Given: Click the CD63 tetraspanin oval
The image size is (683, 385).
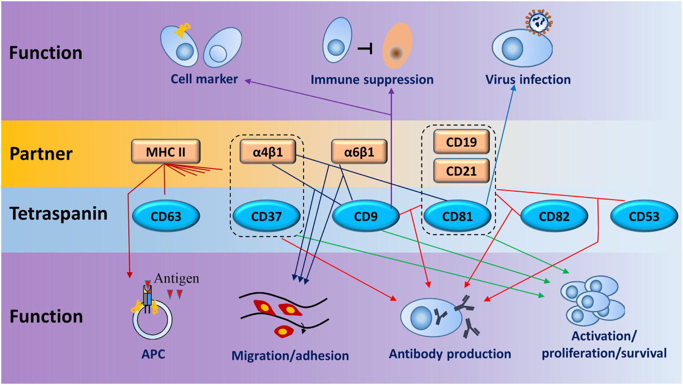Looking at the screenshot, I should click(x=166, y=216).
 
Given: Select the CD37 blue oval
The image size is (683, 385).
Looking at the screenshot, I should click(x=266, y=216).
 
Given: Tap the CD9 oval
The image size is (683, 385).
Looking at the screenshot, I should click(x=366, y=216).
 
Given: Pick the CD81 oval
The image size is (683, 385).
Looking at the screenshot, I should click(x=457, y=216).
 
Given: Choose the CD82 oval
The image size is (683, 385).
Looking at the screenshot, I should click(x=554, y=216).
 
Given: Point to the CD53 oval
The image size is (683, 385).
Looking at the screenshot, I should click(x=644, y=216).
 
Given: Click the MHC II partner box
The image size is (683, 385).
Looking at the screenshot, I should click(x=166, y=152).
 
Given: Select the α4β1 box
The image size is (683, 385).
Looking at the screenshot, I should click(x=268, y=152).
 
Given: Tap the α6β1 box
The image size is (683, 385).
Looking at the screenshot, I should click(x=359, y=152).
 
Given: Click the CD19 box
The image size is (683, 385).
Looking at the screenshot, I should click(x=461, y=142).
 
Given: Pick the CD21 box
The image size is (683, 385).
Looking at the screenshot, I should click(x=461, y=171).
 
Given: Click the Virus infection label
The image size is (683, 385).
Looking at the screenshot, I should click(x=528, y=80).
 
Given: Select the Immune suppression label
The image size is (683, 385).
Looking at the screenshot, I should click(x=372, y=80).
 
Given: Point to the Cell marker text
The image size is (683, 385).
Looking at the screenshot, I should click(x=204, y=79).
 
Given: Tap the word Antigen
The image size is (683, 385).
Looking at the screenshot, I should click(x=176, y=278).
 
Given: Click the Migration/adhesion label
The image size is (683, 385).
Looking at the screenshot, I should click(x=290, y=356).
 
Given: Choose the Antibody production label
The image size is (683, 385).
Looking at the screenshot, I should click(x=450, y=354).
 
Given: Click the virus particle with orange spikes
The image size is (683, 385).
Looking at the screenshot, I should click(x=539, y=22).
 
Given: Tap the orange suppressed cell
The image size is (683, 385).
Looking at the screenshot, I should click(x=397, y=46).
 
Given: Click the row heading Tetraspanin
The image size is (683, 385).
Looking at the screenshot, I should click(x=58, y=213).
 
